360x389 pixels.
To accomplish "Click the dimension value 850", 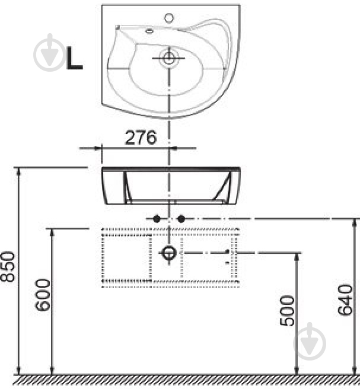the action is coord(8,267).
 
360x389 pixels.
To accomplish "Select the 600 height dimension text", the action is coord(42,295).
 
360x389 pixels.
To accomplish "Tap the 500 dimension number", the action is coord(287,311).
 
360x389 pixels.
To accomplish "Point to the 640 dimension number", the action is coord(345,300).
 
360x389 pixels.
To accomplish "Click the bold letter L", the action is coord(74,59).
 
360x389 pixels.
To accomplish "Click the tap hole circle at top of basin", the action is coord(169,18).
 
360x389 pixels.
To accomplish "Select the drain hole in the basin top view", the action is coord(169,58).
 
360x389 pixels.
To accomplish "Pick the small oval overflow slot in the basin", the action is coord(149,31).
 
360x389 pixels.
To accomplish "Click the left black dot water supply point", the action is coord(157,219).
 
